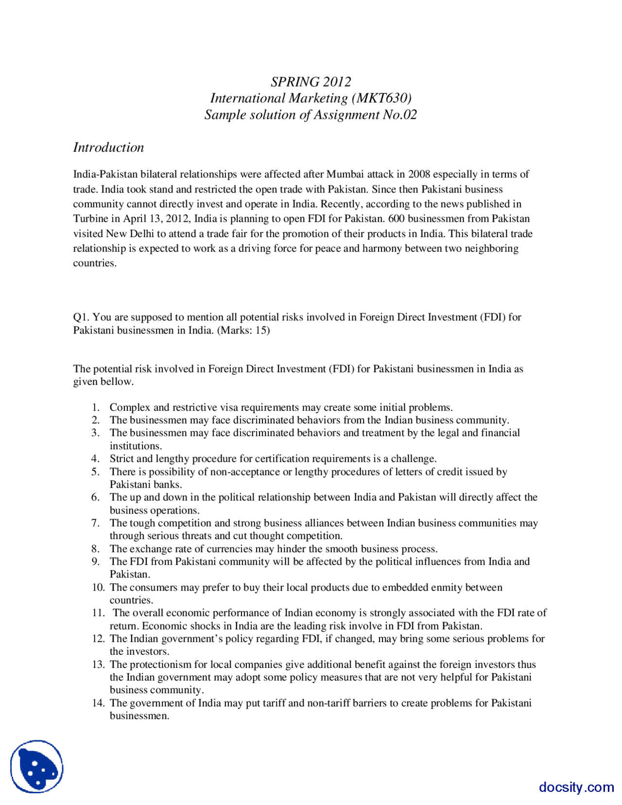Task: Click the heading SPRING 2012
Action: [x=311, y=82]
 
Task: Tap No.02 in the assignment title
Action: [x=399, y=115]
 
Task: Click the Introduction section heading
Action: [x=108, y=147]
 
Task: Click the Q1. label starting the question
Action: [x=81, y=317]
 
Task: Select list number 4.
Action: [x=96, y=458]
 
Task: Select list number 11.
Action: [x=98, y=612]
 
